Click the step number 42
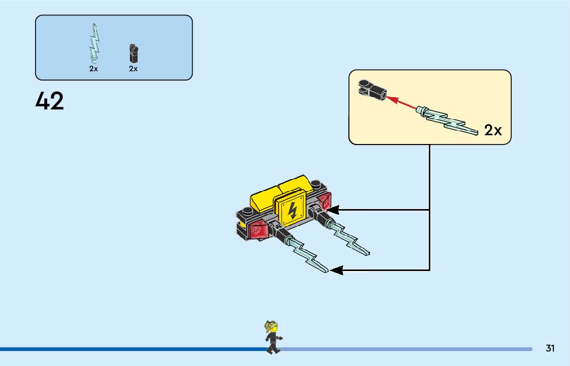(x=50, y=101)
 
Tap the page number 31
(x=550, y=348)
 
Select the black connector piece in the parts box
(x=134, y=52)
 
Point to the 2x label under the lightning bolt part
(x=93, y=69)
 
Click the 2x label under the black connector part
(x=133, y=69)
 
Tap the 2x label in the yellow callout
(x=493, y=131)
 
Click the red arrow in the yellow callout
(x=402, y=103)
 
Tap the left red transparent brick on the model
(x=258, y=230)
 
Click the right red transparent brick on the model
(x=323, y=202)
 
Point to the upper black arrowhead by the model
(x=332, y=210)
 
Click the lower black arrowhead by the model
(x=336, y=269)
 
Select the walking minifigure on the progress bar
(x=272, y=338)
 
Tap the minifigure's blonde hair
(x=270, y=326)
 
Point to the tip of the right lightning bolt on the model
(x=367, y=253)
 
